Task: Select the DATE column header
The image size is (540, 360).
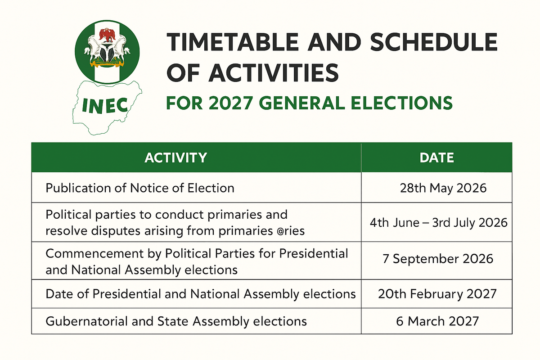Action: (436, 157)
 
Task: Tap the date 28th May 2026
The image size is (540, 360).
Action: (443, 188)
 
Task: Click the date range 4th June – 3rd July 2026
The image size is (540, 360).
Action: (439, 223)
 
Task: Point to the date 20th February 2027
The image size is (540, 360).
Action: (437, 294)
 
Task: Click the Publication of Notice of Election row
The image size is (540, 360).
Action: (140, 188)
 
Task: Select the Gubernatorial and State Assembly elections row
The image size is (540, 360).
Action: (176, 321)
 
